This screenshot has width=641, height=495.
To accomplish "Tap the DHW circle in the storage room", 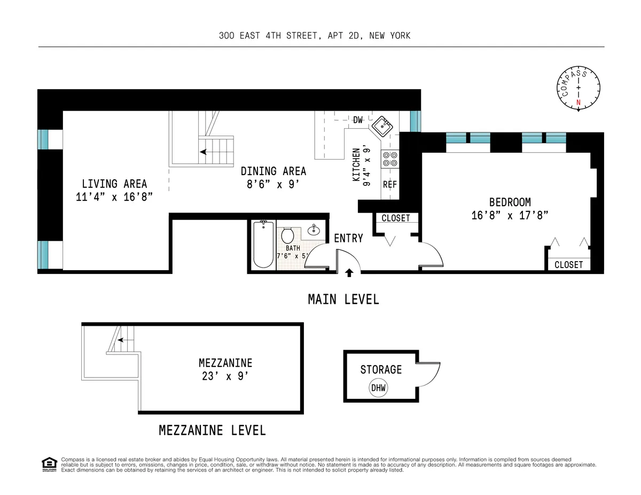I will [x=379, y=387].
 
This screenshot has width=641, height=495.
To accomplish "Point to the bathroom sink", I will [x=314, y=231].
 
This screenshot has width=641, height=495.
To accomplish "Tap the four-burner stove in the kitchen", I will [x=389, y=159].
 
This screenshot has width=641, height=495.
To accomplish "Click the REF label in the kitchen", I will [x=390, y=185].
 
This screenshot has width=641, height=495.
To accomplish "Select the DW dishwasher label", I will [x=358, y=120].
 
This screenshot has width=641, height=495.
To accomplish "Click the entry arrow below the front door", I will [x=349, y=273].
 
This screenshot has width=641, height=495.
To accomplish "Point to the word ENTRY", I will [x=348, y=238].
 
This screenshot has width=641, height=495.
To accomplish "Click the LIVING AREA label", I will [x=114, y=184].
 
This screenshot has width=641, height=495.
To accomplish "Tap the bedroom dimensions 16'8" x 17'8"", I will [x=510, y=215].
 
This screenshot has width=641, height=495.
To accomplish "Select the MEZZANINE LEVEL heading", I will [x=212, y=430].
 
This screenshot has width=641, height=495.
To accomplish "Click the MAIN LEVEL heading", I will [x=343, y=300].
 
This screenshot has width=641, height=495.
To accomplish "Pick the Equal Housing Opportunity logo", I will [x=49, y=465].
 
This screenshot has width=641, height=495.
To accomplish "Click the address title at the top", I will [x=315, y=36].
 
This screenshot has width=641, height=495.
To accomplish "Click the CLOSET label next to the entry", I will [x=396, y=218].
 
